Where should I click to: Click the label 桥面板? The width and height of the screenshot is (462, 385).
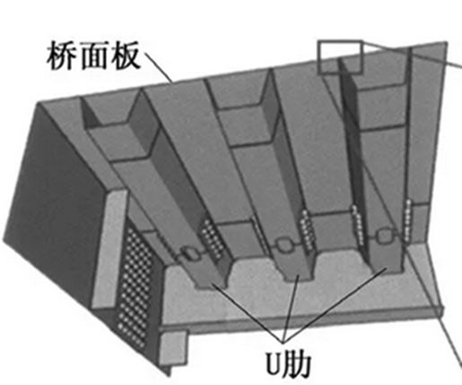click(x=93, y=56)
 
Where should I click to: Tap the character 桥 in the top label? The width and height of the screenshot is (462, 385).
click(x=62, y=56)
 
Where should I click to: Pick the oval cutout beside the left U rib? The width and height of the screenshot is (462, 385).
click(x=190, y=253)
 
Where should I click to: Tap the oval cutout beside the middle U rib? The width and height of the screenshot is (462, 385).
click(x=283, y=244)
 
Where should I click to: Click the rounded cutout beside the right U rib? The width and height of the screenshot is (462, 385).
click(x=384, y=235)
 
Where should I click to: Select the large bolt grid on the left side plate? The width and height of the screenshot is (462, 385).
click(x=135, y=287)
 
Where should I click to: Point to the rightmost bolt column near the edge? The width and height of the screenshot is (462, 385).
click(x=407, y=220)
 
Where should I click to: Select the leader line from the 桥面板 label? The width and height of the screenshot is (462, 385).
click(x=158, y=66)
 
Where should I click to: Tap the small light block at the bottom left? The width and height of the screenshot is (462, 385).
click(x=173, y=348)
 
